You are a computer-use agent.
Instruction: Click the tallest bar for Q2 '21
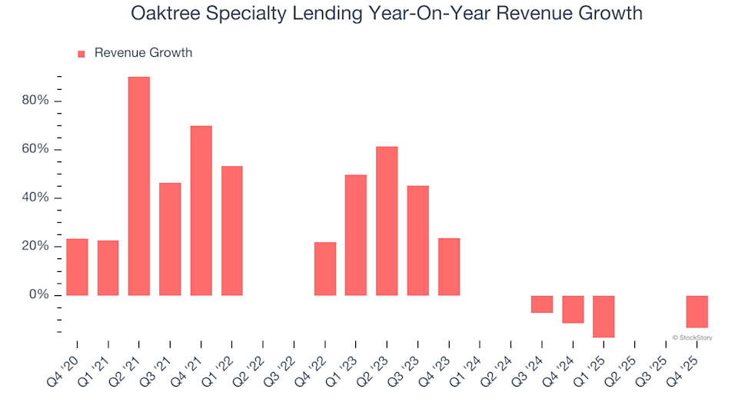coord(139,186)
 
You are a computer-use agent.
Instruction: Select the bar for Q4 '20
coord(77,267)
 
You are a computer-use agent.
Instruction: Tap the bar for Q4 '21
coord(201,211)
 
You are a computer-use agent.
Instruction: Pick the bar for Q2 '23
coord(387,221)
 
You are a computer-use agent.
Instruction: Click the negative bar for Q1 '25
coord(603,316)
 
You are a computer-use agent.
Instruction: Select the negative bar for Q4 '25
coord(696,311)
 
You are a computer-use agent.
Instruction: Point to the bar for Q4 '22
coord(325,268)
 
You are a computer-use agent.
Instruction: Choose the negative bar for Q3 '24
coord(542,304)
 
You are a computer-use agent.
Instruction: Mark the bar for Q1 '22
coord(232,231)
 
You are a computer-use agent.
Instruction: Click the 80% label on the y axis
coord(36,101)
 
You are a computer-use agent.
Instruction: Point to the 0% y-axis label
coord(39,295)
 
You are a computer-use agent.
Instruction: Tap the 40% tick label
coord(36,198)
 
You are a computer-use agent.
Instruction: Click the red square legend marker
coord(81,54)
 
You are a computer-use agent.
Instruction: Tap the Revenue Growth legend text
coord(143,53)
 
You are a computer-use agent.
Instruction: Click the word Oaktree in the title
coord(163,13)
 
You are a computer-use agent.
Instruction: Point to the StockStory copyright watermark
coord(692,337)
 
